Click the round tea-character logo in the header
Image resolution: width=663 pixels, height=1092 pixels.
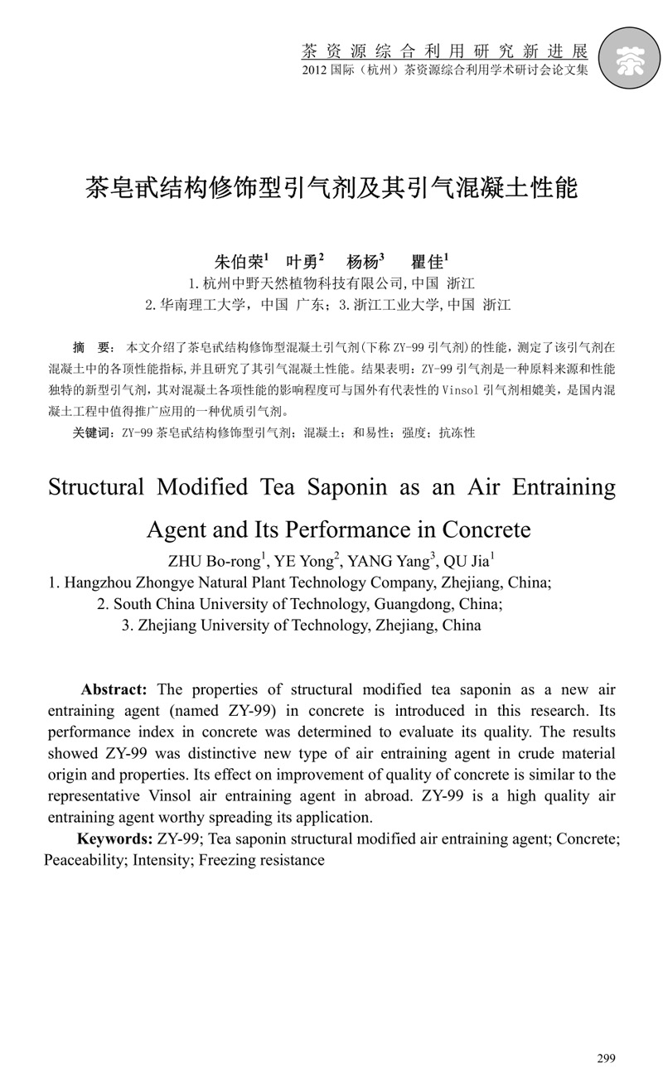pyautogui.click(x=632, y=57)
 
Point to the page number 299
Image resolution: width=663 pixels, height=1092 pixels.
pyautogui.click(x=606, y=1058)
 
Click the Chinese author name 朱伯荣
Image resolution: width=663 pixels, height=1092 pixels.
pyautogui.click(x=238, y=262)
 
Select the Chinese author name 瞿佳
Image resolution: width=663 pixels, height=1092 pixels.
pyautogui.click(x=428, y=262)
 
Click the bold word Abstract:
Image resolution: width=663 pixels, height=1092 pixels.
pyautogui.click(x=114, y=690)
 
